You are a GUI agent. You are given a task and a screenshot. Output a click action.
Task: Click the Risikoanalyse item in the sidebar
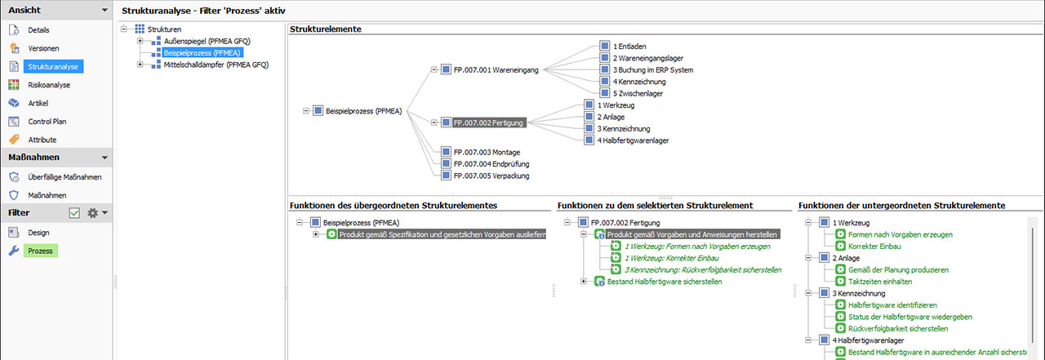49,85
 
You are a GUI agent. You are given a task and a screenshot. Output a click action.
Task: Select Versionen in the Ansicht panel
43,49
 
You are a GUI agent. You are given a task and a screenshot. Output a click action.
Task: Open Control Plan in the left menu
47,122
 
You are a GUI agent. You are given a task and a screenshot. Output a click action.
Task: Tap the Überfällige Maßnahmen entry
64,177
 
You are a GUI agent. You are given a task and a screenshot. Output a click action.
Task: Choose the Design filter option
38,233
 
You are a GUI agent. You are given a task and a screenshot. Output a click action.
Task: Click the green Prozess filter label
39,251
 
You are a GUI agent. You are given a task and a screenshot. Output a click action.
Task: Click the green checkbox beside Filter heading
75,213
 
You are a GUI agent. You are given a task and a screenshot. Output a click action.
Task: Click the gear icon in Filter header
93,213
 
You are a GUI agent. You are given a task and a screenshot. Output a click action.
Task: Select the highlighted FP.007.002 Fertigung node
488,122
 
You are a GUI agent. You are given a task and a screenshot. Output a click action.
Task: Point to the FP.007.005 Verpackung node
487,175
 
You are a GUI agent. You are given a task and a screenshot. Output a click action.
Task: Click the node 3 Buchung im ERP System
652,70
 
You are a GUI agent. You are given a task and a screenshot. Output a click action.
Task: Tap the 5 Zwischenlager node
638,93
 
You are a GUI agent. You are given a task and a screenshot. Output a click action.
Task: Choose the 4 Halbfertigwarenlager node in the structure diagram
633,140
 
